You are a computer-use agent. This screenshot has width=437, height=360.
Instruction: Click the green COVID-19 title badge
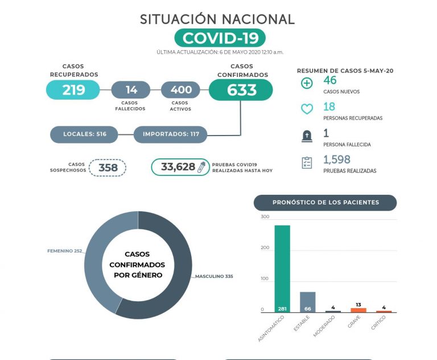[x=220, y=38]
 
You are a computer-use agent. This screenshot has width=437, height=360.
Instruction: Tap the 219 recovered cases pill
[x=73, y=90]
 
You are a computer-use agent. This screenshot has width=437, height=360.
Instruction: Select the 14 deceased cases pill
[x=131, y=90]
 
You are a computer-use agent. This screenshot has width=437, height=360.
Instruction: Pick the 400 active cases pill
[x=181, y=90]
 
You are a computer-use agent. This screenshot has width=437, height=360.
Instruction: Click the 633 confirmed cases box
[x=241, y=90]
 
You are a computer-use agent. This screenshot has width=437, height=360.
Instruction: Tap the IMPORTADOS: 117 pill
[x=170, y=134]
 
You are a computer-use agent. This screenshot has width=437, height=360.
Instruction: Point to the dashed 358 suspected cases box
[x=108, y=167]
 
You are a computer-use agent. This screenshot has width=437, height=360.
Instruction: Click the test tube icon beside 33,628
[x=201, y=167]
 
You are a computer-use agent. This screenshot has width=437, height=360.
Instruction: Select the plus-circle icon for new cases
[x=307, y=84]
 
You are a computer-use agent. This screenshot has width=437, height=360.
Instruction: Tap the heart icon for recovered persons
[x=307, y=110]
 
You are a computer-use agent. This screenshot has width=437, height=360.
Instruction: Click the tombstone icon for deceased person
[x=307, y=136]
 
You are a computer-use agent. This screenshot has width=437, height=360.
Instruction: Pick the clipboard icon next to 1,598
[x=307, y=163]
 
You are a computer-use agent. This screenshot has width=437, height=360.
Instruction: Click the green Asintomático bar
[x=282, y=268]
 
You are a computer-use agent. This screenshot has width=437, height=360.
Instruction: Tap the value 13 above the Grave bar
[x=358, y=305]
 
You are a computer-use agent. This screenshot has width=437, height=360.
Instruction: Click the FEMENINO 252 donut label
[x=64, y=251]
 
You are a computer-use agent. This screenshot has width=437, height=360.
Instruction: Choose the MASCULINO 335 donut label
[x=214, y=276]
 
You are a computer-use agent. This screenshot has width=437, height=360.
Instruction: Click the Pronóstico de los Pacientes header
[x=325, y=203]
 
